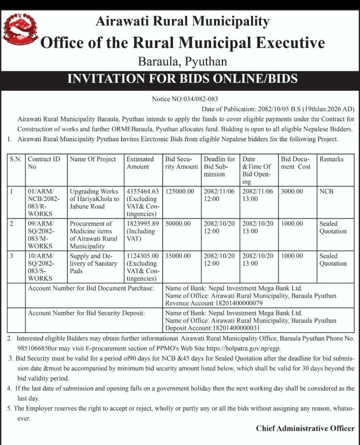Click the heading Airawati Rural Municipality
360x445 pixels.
coord(182,22)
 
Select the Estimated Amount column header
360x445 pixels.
coord(140,163)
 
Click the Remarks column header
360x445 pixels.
coord(331,159)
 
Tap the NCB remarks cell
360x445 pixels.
coord(326,191)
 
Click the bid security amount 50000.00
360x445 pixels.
coord(178,223)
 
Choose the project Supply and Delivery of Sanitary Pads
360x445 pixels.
coord(93,263)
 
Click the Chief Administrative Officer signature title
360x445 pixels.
coord(305,428)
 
